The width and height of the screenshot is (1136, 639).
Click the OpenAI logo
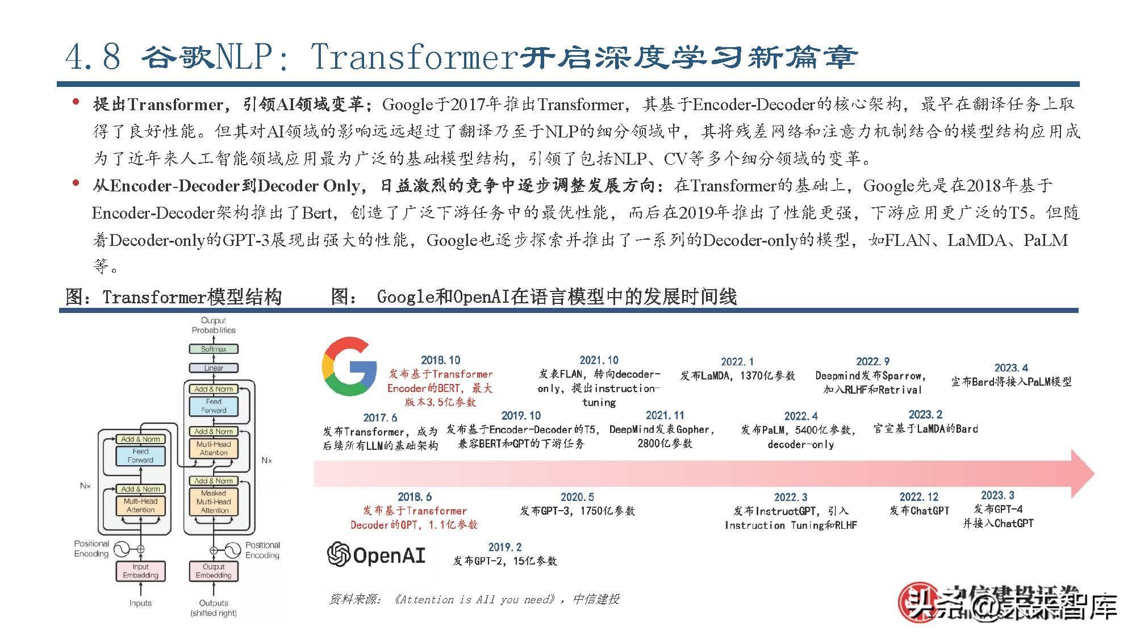(376, 554)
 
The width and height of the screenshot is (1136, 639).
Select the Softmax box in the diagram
(214, 349)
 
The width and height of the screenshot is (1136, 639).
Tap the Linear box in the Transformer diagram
(214, 368)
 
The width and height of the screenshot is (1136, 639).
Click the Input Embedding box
(140, 571)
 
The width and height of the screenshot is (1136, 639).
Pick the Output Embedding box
(214, 571)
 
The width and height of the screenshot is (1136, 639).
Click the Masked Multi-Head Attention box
(214, 502)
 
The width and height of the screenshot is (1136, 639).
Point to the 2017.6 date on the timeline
(380, 417)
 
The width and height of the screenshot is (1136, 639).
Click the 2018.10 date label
(440, 360)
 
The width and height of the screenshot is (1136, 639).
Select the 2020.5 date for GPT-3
(577, 497)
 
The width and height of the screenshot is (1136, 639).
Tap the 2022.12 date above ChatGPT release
(918, 497)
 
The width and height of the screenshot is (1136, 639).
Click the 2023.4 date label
(1011, 367)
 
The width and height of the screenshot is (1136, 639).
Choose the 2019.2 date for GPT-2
(504, 547)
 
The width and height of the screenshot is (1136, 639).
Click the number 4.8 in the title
(93, 57)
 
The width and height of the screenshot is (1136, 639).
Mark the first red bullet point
(76, 102)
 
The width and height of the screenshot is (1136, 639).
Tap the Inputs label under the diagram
(140, 603)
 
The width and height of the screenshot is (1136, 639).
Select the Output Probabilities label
(214, 325)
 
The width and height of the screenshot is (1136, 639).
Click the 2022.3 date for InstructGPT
(790, 497)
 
